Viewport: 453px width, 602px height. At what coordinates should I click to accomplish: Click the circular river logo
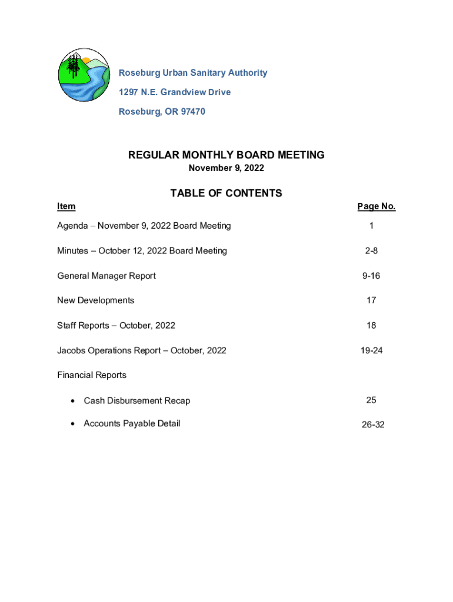(84, 75)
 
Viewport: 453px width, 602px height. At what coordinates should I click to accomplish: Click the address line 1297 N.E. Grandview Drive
(175, 92)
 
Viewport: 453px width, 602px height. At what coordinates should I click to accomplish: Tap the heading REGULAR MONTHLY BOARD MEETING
(226, 155)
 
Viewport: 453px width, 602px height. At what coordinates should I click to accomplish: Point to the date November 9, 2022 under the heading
(226, 169)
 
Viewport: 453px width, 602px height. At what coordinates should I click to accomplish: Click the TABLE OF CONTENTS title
(226, 193)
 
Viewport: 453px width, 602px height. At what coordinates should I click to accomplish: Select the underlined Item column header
(66, 206)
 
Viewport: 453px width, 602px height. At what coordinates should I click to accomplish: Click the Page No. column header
(376, 206)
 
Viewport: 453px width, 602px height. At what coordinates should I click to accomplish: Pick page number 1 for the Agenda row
(371, 226)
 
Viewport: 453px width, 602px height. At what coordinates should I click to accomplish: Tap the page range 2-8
(371, 251)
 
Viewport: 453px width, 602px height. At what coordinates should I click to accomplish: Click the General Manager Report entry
(106, 276)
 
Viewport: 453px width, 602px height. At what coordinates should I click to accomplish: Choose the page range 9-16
(371, 276)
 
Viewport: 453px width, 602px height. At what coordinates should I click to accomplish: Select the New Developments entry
(95, 300)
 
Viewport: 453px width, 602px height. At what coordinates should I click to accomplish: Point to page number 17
(371, 300)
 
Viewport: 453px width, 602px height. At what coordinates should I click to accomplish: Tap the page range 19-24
(371, 350)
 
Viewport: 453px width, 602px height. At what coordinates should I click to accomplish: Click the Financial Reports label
(92, 375)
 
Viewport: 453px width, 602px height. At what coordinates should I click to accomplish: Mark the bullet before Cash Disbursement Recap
(72, 401)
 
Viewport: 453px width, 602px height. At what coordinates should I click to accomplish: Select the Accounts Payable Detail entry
(132, 424)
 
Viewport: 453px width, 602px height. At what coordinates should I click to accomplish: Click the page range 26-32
(373, 424)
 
